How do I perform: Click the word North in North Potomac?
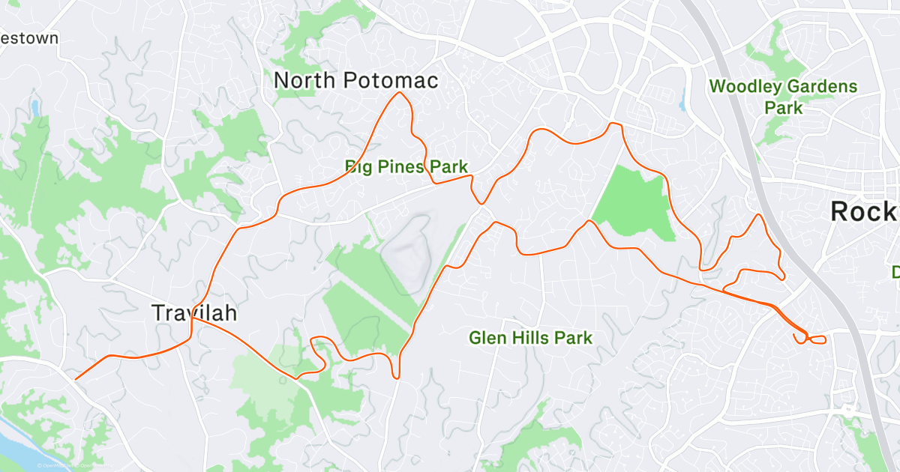tap(304, 81)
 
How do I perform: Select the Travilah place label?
tap(188, 313)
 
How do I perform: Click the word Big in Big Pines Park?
tap(358, 166)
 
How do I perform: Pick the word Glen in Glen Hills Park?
tap(485, 338)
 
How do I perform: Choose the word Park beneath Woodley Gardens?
tap(783, 108)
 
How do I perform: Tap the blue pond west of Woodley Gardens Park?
tap(682, 101)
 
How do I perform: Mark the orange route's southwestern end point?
tap(76, 378)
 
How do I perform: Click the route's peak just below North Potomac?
tap(401, 93)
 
